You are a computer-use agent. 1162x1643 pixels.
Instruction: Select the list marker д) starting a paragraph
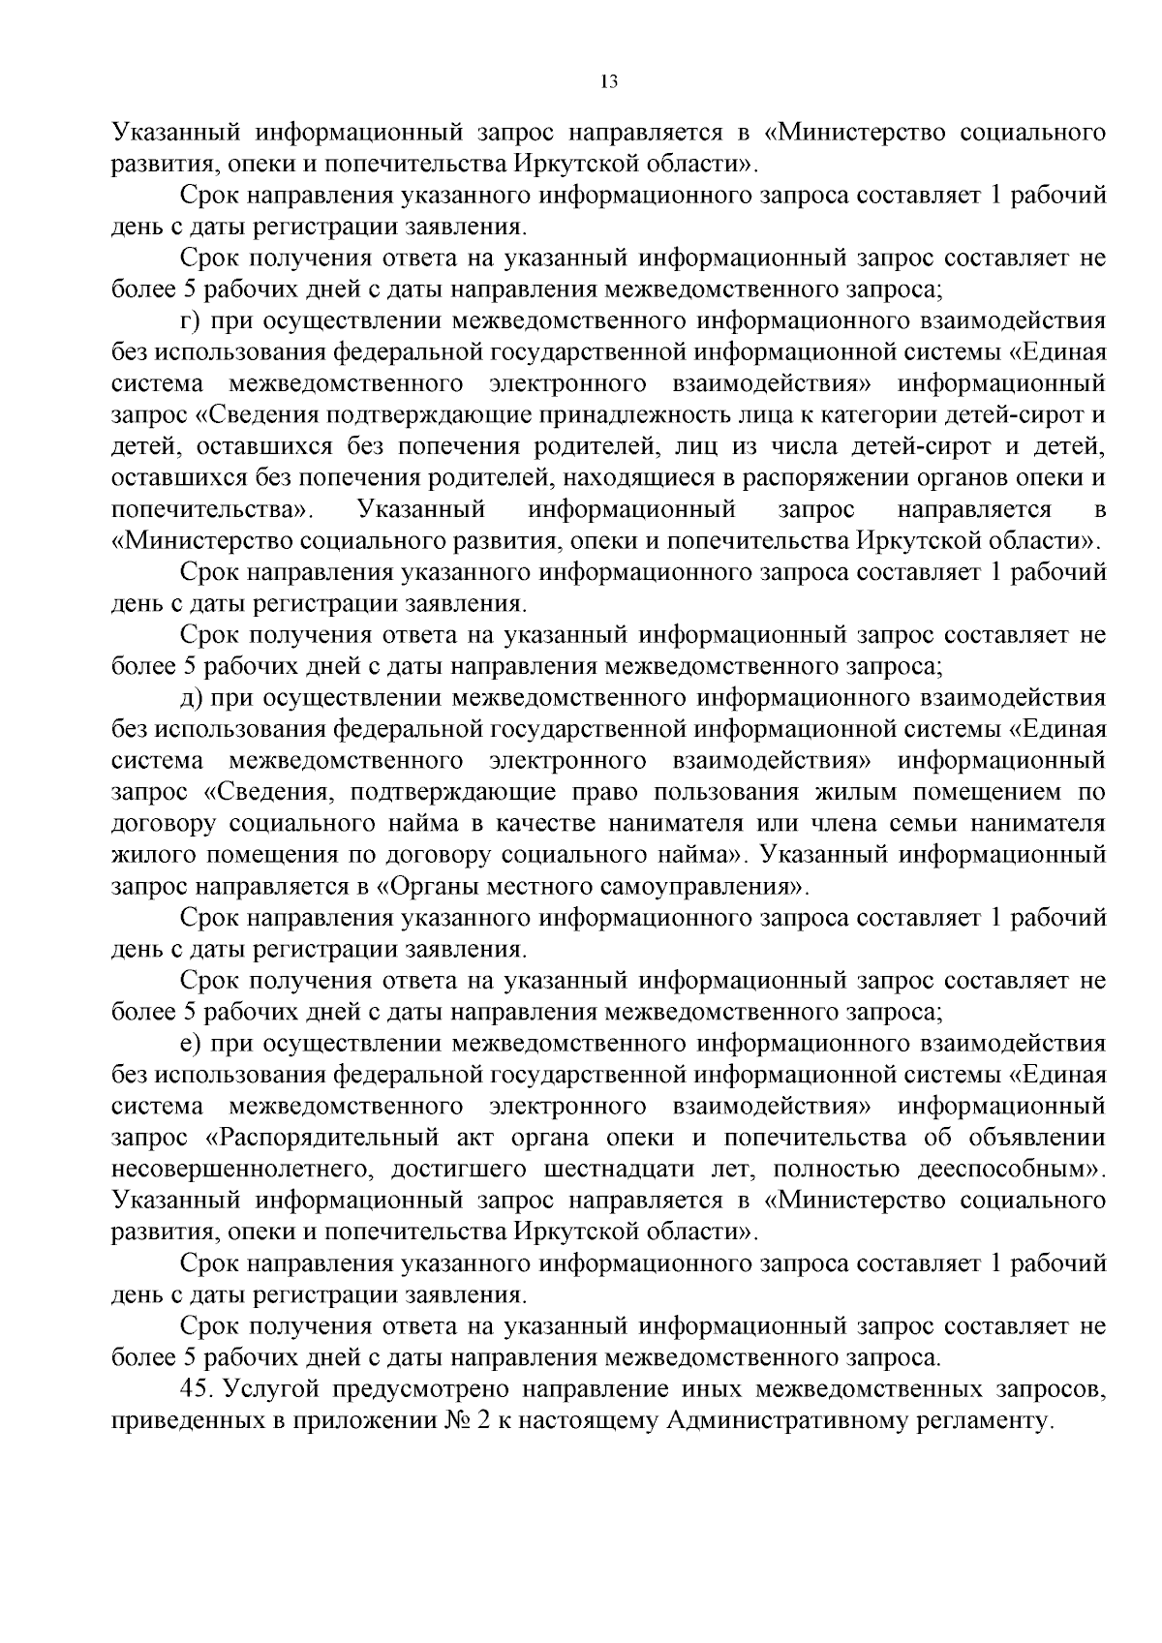coord(191,698)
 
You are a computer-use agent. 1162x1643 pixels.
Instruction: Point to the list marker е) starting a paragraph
coord(190,1044)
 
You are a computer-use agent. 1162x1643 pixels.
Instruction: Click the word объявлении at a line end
coord(1046,1138)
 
